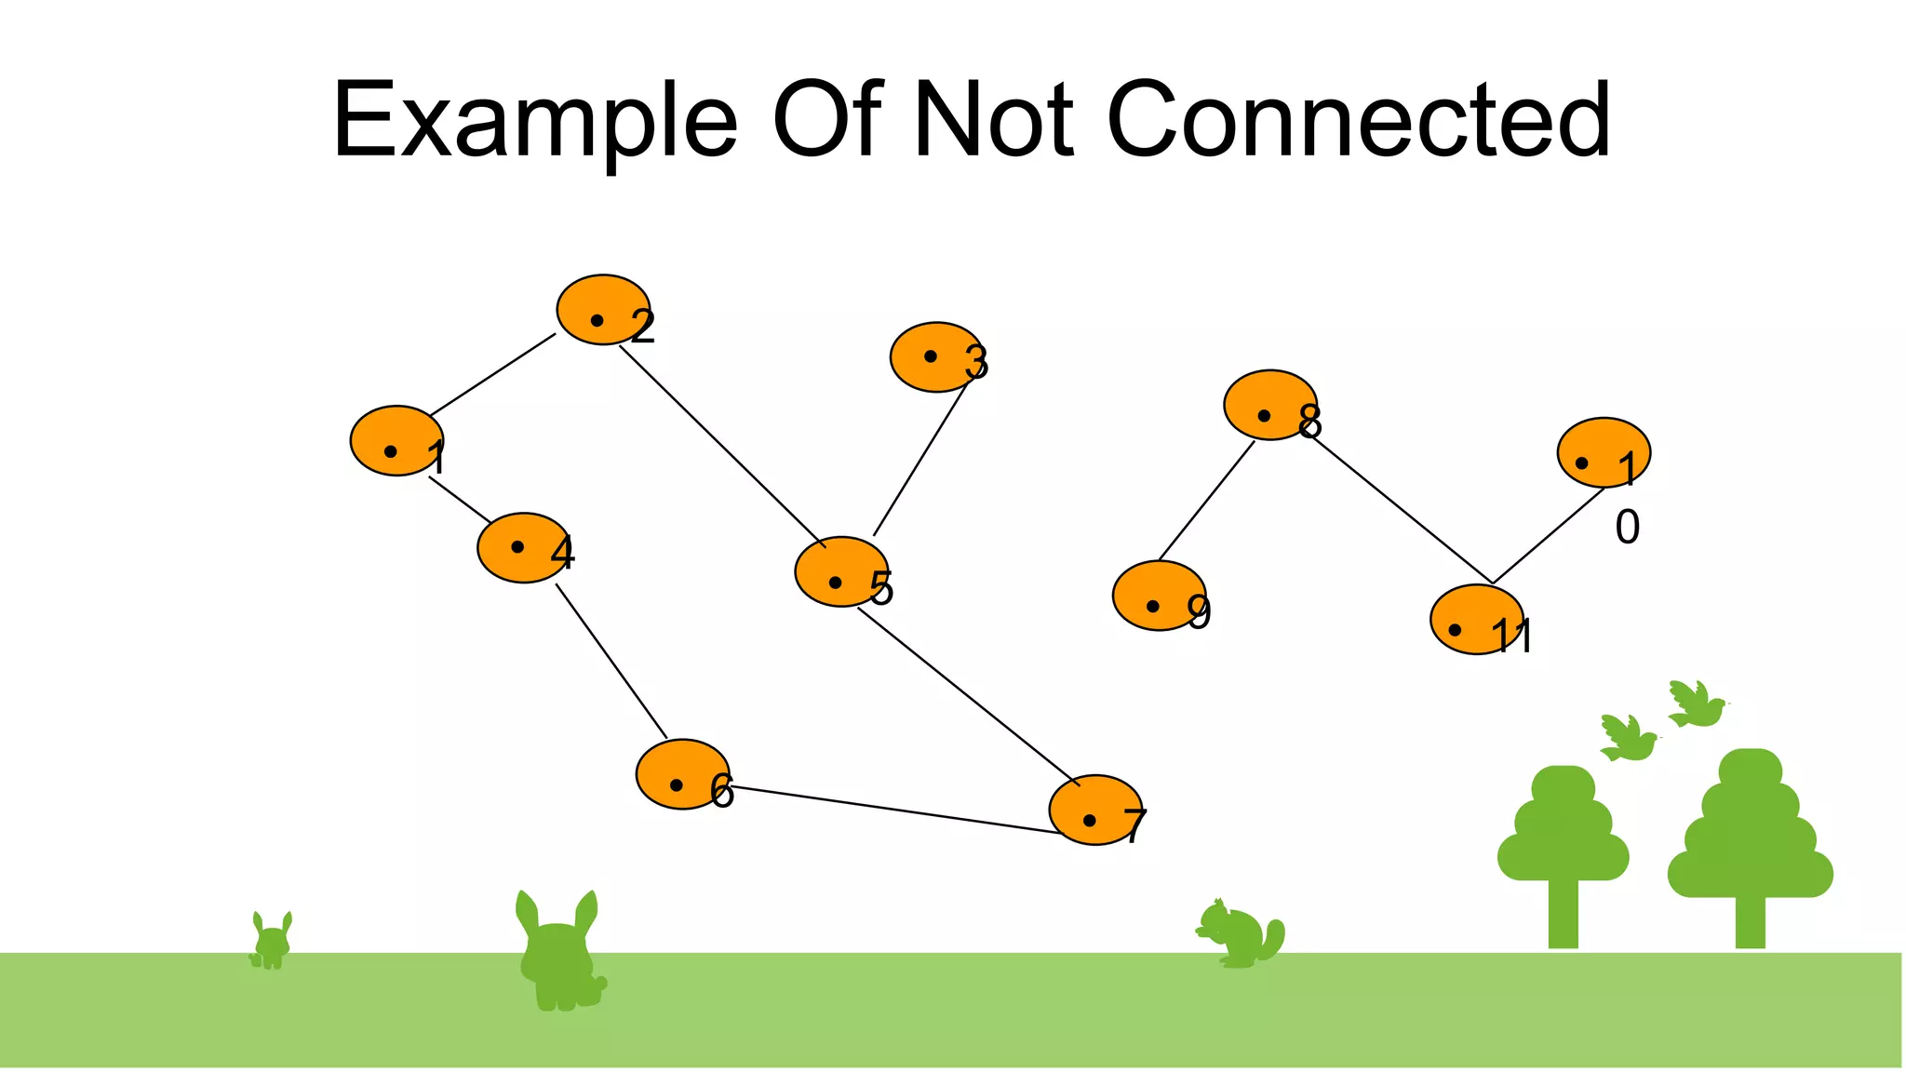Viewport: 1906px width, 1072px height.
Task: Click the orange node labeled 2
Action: pyautogui.click(x=602, y=310)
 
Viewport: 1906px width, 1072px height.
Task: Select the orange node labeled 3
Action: pyautogui.click(x=935, y=357)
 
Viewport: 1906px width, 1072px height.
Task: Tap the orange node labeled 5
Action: pyautogui.click(x=840, y=571)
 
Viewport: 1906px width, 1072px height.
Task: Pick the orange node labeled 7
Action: pyautogui.click(x=1094, y=810)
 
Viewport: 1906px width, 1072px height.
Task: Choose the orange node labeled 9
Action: pyautogui.click(x=1159, y=596)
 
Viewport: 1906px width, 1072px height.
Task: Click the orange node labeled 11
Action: pyautogui.click(x=1476, y=620)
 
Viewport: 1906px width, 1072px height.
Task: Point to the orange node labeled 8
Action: pyautogui.click(x=1269, y=405)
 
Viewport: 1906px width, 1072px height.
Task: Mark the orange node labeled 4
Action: pyautogui.click(x=523, y=547)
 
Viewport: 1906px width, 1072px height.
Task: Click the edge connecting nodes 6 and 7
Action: pyautogui.click(x=893, y=809)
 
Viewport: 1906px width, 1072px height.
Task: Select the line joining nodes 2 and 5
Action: pyautogui.click(x=721, y=445)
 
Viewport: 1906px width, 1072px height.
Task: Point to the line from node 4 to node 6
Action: pyautogui.click(x=611, y=662)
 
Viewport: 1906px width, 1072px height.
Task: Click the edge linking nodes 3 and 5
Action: pyautogui.click(x=919, y=460)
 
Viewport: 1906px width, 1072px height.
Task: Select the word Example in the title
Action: pyautogui.click(x=535, y=121)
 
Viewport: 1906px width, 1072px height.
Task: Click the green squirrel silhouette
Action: pyautogui.click(x=1240, y=934)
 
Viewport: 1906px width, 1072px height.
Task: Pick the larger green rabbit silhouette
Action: pyautogui.click(x=558, y=954)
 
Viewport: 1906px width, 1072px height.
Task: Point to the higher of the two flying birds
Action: pyautogui.click(x=1696, y=704)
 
